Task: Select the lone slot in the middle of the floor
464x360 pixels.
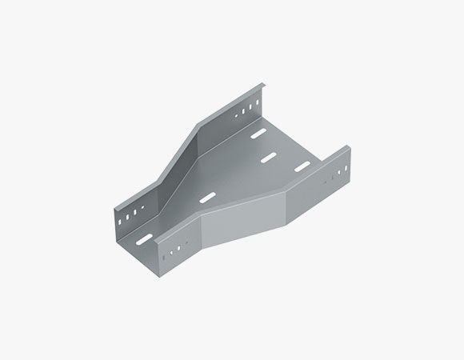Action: [206, 197]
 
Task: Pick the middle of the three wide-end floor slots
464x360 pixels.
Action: [269, 157]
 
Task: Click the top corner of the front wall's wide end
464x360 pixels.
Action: [349, 146]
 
